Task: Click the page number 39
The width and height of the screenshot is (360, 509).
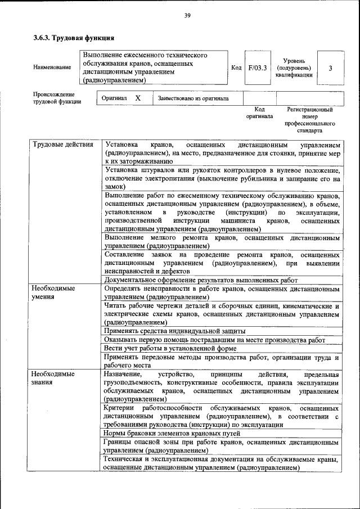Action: coord(187,15)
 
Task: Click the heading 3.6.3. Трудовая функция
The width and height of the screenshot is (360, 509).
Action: coord(74,38)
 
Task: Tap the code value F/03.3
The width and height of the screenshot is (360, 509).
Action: coord(256,68)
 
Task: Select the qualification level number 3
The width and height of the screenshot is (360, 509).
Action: coord(330,68)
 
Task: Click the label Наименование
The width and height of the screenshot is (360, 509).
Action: coord(52,68)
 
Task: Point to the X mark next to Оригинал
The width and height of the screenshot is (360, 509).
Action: coord(137,98)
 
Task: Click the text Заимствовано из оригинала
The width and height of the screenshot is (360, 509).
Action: coord(193,98)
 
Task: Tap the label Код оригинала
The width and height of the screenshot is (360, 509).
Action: coord(259,113)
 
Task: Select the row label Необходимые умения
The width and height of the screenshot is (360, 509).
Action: coord(53,292)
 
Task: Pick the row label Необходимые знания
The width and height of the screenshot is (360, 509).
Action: coord(53,378)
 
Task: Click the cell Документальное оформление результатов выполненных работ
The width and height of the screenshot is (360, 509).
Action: coord(201,280)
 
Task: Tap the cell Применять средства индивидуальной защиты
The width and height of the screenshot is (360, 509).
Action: coord(175,331)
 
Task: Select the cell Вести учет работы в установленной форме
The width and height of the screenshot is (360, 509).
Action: coord(170,349)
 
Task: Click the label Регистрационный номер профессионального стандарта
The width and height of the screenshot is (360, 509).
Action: coord(310,120)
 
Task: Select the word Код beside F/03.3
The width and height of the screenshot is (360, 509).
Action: coord(237,68)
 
